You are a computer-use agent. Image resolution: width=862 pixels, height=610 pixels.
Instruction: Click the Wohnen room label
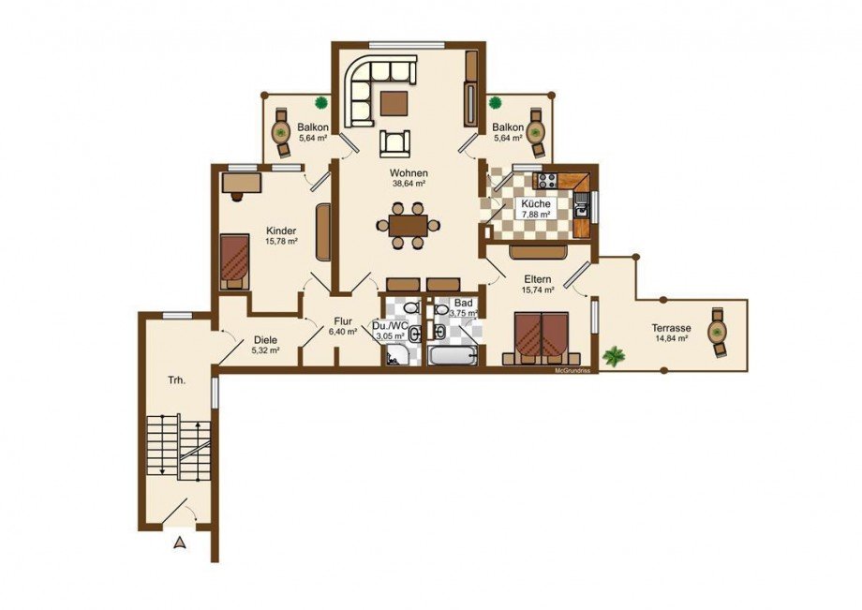(409, 173)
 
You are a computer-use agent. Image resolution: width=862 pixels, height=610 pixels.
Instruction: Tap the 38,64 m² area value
(409, 184)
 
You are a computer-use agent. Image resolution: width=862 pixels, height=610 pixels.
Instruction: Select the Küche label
(535, 204)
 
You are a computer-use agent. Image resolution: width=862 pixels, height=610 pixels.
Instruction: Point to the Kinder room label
(281, 231)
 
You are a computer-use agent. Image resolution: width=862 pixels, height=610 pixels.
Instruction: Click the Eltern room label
(537, 279)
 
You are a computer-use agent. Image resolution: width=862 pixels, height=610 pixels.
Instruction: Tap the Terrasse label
(671, 328)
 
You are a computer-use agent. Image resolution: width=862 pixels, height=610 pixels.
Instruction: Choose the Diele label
(265, 340)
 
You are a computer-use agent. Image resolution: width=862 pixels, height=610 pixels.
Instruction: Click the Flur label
(343, 322)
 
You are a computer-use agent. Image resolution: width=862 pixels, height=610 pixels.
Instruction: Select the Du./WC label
(391, 326)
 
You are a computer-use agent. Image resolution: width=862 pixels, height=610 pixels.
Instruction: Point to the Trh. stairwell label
(176, 379)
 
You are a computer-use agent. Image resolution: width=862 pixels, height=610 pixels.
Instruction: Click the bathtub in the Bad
(454, 355)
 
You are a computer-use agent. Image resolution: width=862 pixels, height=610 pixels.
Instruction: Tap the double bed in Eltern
(541, 338)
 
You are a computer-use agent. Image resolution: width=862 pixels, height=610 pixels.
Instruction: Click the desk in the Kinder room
(242, 183)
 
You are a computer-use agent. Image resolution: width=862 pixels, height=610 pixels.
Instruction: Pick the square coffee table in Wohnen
(394, 103)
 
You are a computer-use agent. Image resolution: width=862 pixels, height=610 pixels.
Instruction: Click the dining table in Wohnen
(408, 225)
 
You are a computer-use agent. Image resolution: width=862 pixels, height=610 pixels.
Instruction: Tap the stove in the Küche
(546, 180)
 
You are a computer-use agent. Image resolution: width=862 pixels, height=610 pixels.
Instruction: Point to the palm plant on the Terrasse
(614, 356)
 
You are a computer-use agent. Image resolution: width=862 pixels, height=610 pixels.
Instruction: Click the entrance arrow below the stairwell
(180, 543)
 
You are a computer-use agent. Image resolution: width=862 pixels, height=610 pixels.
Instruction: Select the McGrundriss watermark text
(572, 371)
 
